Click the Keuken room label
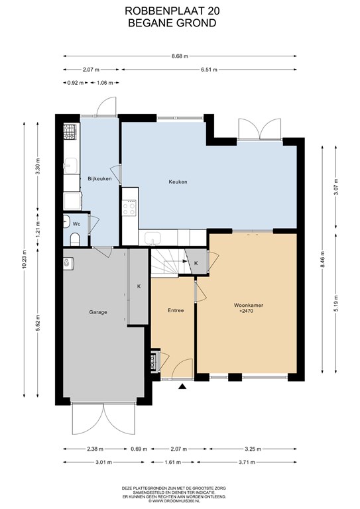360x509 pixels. (178, 182)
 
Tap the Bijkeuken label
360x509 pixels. (99, 178)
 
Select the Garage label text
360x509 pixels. (98, 312)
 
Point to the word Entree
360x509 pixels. (176, 310)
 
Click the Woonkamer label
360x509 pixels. (249, 305)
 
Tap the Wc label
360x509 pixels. (77, 224)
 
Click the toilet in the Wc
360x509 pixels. (75, 239)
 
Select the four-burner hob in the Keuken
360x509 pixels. (129, 207)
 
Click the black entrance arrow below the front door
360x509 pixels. (182, 386)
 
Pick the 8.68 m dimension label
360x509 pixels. (180, 56)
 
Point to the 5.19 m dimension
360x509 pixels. (336, 303)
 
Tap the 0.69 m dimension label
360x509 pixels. (139, 449)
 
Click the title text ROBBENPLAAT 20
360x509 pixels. (172, 11)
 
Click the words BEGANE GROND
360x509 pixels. (172, 23)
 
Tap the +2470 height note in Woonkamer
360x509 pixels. (246, 311)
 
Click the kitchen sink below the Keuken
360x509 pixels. (152, 239)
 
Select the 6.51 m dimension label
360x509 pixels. (209, 70)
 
